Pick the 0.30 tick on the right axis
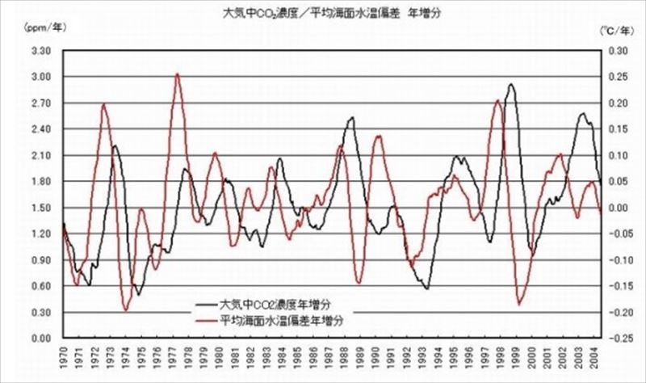point(618,51)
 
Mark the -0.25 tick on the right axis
point(618,338)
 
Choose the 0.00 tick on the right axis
point(618,208)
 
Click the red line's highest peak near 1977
point(177,74)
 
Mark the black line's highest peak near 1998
point(510,84)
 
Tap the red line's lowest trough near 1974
point(126,309)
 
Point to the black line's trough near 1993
point(426,288)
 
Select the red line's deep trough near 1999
point(519,305)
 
